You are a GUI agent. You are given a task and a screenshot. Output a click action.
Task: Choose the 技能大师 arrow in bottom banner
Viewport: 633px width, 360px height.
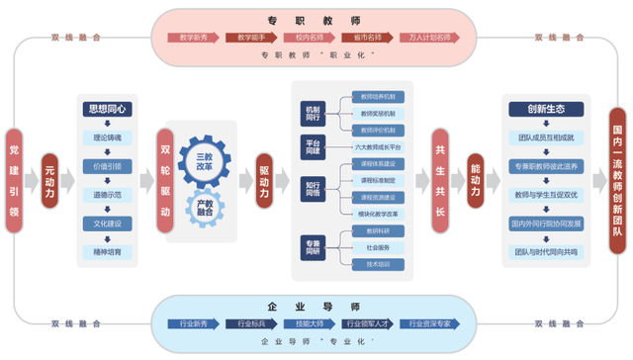click(312, 322)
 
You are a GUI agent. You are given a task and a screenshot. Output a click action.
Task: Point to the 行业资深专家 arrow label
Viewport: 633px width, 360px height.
click(433, 322)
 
